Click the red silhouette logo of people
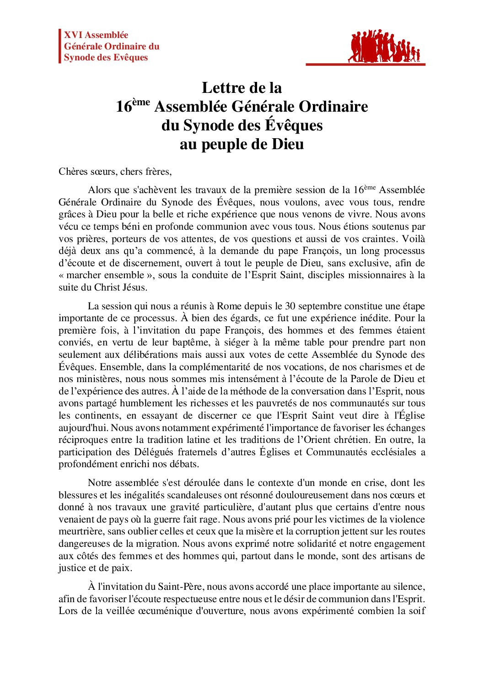(x=383, y=46)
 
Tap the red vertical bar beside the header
(x=60, y=46)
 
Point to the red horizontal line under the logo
(x=365, y=65)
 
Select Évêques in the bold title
(x=293, y=125)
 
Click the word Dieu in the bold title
(x=288, y=144)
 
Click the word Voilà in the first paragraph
(x=413, y=239)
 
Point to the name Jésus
(x=134, y=287)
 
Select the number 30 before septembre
(x=290, y=306)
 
